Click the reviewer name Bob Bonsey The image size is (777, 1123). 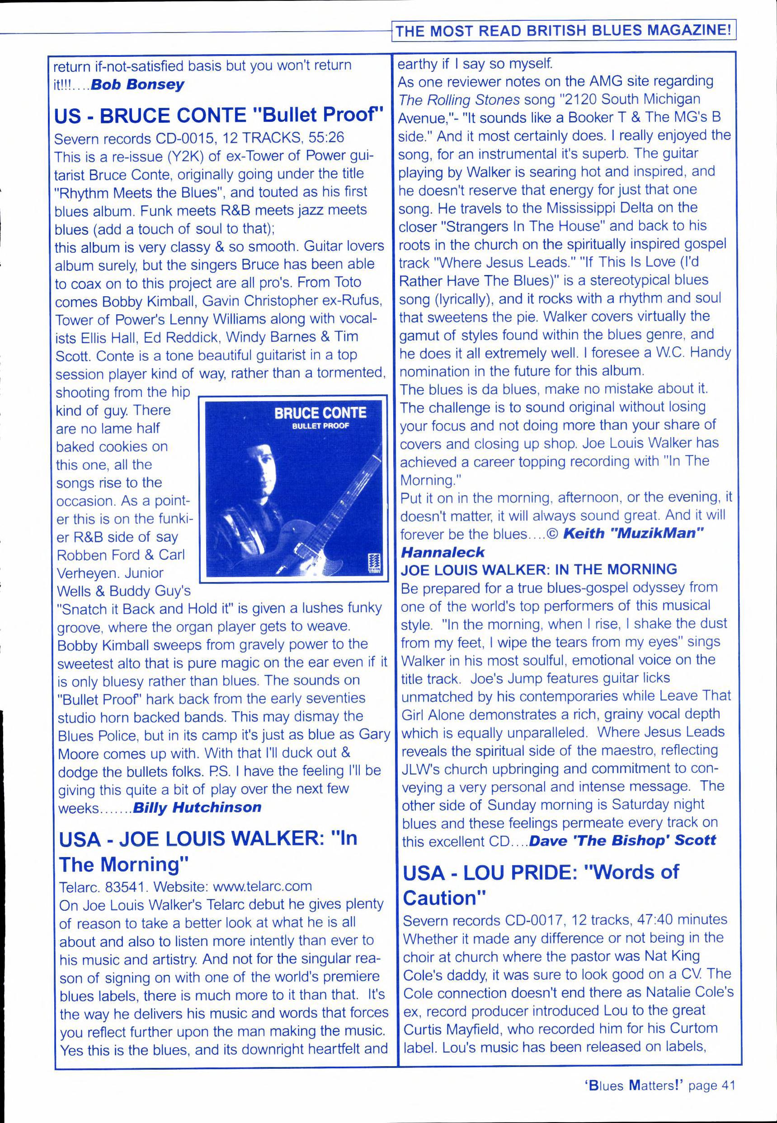(x=138, y=84)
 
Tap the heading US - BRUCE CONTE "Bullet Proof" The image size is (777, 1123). (x=219, y=115)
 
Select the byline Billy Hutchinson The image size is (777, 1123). (x=197, y=807)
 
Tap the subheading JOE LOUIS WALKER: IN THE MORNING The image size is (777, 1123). (x=538, y=569)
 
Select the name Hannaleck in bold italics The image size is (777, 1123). (x=443, y=551)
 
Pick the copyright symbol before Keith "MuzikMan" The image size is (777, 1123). (x=552, y=534)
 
